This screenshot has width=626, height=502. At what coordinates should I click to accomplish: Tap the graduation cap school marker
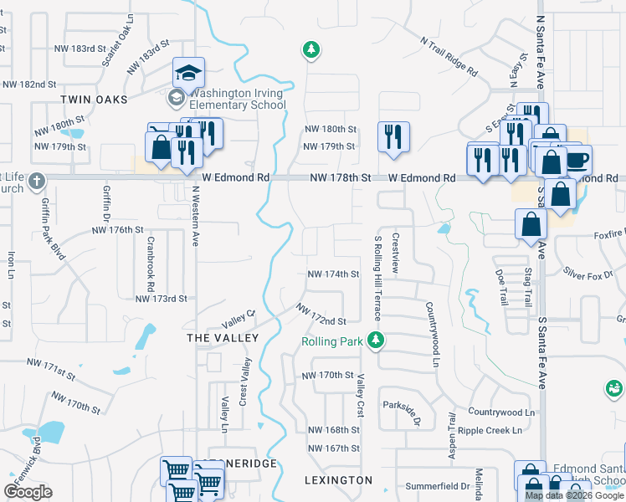188,73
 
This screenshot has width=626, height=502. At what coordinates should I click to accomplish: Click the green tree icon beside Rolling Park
377,340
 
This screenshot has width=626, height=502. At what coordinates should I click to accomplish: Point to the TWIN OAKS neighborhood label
94,100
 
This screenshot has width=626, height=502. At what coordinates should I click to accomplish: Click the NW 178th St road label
340,178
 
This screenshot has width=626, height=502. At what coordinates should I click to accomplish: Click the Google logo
28,492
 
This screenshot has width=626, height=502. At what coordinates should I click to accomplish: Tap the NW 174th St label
333,274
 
